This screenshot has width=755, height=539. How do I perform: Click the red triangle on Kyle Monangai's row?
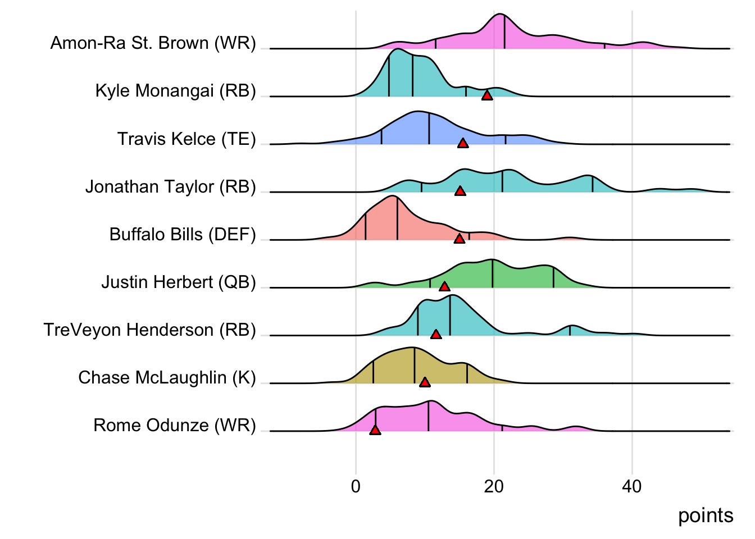point(487,95)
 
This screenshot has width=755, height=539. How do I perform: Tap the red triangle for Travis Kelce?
point(463,143)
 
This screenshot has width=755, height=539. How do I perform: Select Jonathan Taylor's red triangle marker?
point(460,191)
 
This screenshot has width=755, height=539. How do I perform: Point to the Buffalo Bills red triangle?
point(460,239)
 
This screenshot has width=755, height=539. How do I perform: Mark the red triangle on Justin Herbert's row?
point(444,286)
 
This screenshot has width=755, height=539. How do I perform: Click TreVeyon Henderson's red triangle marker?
point(436,334)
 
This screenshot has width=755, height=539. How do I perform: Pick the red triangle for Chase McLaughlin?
point(425,382)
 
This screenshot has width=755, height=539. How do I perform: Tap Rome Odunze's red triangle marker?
point(375,430)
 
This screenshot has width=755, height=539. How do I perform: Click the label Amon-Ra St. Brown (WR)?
point(153,43)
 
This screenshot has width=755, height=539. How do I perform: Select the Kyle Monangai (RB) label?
point(175,90)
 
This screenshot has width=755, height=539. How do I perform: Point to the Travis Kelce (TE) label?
point(187,139)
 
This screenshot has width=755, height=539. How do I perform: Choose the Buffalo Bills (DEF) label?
point(183,234)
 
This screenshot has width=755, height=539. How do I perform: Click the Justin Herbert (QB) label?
point(179,282)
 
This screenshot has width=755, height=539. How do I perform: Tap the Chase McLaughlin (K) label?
point(167,377)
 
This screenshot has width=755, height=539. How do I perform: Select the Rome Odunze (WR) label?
point(175,425)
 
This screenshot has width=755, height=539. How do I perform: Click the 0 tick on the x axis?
point(356,486)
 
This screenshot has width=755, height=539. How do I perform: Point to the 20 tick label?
point(494,486)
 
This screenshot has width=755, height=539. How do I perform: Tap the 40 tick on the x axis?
point(632,486)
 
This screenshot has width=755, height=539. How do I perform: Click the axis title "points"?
point(706,515)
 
